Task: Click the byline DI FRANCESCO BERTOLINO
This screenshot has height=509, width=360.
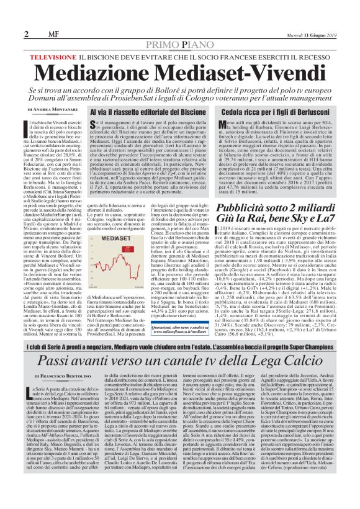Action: (x=62, y=377)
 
